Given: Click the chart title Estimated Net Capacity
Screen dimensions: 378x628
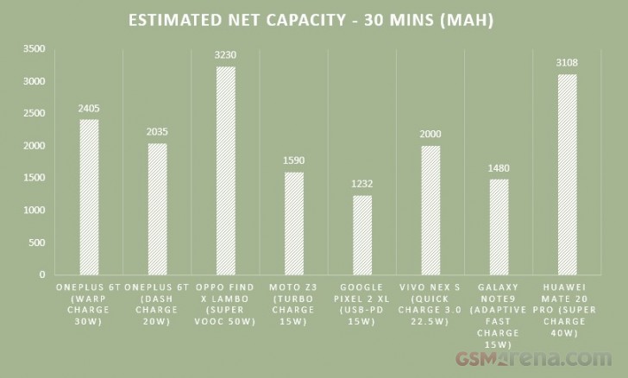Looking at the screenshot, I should click(314, 20).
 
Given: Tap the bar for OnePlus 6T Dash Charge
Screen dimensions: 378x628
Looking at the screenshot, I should click(158, 209).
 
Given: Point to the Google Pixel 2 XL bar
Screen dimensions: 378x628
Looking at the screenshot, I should click(362, 235).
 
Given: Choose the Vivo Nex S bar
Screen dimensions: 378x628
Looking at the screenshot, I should click(430, 210).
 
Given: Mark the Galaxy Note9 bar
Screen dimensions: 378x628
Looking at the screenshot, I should click(499, 227).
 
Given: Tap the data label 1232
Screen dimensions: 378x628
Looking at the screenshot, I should click(362, 185).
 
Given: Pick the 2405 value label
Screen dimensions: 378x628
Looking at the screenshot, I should click(90, 110).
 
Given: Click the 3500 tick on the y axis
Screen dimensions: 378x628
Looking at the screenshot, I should click(35, 49).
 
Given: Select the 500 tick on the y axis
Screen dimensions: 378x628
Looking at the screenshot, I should click(37, 243).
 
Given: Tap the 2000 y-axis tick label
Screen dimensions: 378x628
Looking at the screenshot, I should click(35, 146).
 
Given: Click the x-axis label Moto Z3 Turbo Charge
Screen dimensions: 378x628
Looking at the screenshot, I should click(294, 303).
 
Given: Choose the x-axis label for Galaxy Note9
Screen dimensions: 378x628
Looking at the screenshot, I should click(499, 312).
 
